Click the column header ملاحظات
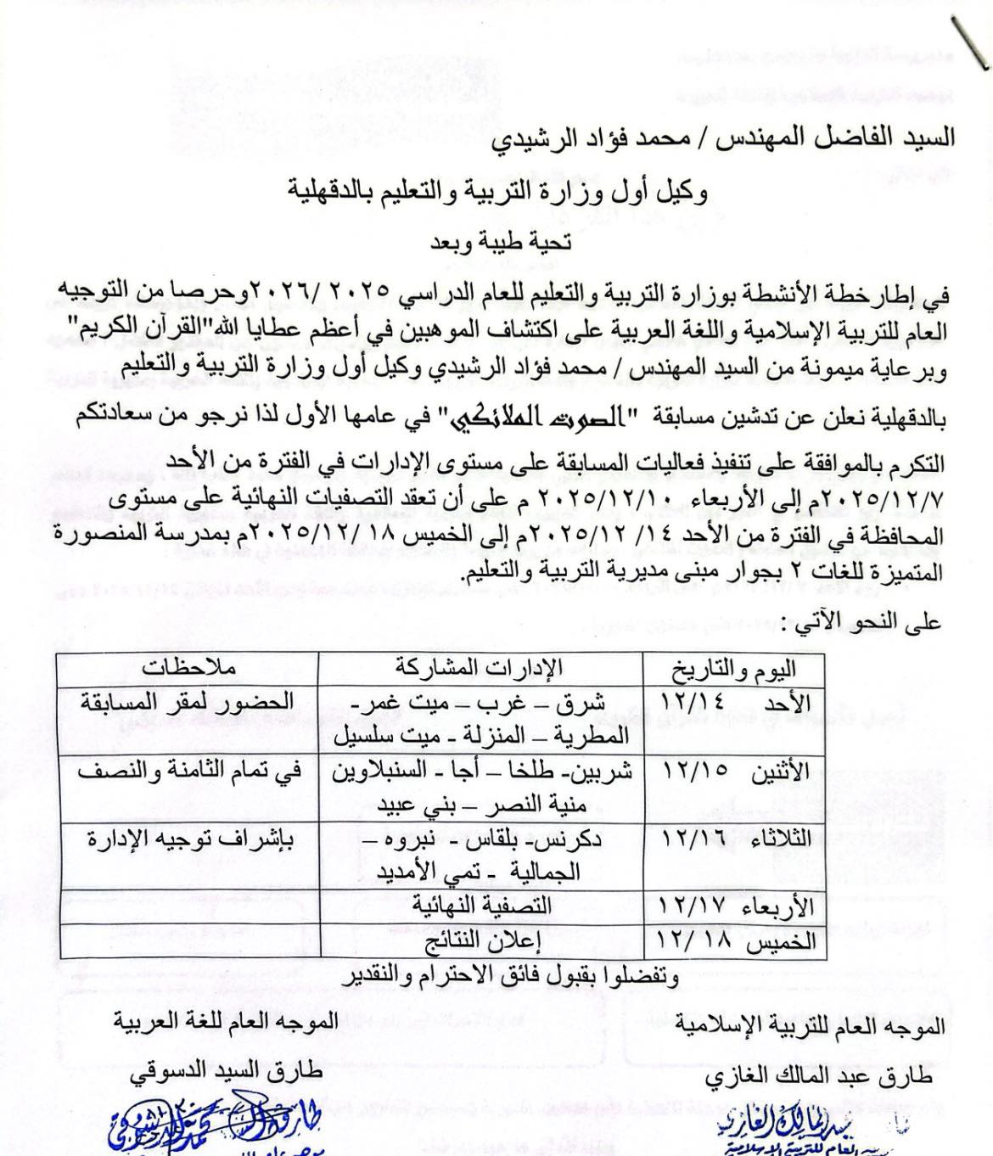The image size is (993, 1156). [188, 666]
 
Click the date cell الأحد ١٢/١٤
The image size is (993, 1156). [735, 703]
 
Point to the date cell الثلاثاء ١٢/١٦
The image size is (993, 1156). [735, 839]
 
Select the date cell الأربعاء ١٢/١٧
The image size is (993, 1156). [735, 905]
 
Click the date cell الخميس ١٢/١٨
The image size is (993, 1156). [735, 940]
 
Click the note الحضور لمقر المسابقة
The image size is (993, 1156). [188, 703]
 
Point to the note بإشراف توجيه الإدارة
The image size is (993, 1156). [188, 839]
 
